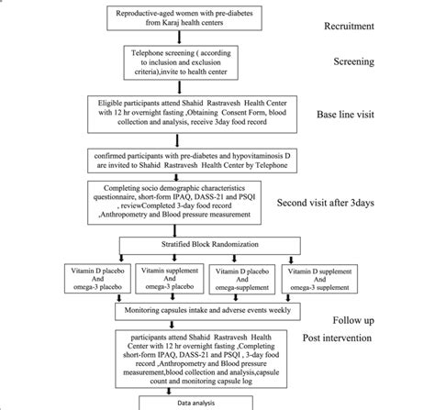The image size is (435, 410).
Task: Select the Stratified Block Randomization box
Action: tap(186, 247)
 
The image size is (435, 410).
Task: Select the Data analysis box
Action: tap(187, 402)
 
